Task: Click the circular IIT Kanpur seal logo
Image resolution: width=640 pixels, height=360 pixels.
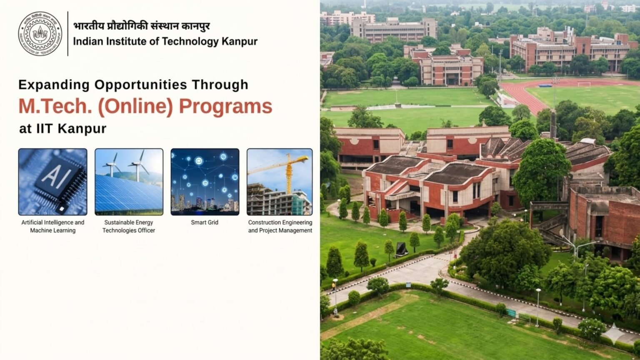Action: click(x=40, y=34)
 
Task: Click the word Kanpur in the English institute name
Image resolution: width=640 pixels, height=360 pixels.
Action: click(x=240, y=41)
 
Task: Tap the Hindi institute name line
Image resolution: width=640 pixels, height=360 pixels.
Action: click(x=141, y=26)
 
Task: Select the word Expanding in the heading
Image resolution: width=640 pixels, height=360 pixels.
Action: click(x=54, y=85)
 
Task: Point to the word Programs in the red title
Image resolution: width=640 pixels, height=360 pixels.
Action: click(x=225, y=107)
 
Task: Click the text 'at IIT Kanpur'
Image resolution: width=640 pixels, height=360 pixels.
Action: click(x=62, y=129)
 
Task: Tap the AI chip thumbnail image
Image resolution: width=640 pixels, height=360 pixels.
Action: click(x=53, y=182)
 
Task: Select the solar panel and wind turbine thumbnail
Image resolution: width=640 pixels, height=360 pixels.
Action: click(x=129, y=182)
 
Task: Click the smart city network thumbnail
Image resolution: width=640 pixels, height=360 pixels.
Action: click(x=205, y=182)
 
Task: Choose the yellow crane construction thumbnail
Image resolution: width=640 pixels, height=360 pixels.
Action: click(x=280, y=182)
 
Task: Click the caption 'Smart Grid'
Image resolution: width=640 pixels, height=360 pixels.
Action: click(x=205, y=222)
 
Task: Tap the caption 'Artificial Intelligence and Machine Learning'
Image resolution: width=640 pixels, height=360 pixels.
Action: click(x=53, y=226)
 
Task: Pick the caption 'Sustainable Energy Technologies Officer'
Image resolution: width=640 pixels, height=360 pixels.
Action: click(x=129, y=226)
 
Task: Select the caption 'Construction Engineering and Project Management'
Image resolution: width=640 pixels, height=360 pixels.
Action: click(x=280, y=226)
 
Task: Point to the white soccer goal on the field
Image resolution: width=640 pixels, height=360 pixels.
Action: click(x=584, y=84)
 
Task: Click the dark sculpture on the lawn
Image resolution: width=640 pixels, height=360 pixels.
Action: click(x=401, y=249)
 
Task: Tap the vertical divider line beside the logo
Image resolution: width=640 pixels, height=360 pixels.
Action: click(x=68, y=34)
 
